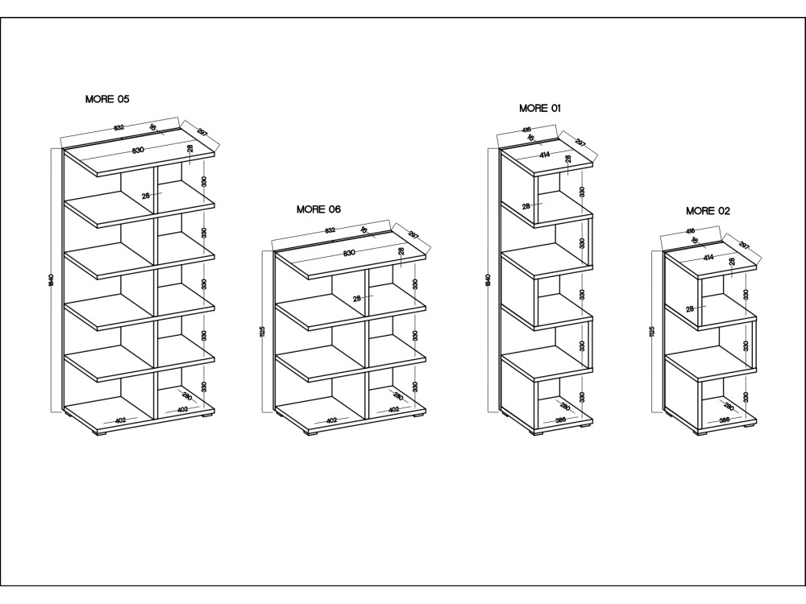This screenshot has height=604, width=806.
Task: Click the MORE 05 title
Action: click(107, 99)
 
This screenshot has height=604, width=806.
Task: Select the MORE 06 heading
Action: click(318, 209)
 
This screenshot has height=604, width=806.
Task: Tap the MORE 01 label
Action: click(540, 107)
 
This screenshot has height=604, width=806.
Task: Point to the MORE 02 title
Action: click(708, 211)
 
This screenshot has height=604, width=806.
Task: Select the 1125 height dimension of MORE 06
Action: click(263, 332)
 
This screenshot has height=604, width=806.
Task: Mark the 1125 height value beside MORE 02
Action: click(652, 332)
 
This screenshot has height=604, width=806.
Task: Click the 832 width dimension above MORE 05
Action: click(118, 128)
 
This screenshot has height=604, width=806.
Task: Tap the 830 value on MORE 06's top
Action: click(349, 253)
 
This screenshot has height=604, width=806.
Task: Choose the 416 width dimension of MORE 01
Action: click(526, 130)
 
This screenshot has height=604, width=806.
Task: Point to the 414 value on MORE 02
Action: click(708, 258)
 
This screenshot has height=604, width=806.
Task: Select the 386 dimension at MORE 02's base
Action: click(724, 420)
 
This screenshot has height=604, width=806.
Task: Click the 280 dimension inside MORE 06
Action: click(398, 396)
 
